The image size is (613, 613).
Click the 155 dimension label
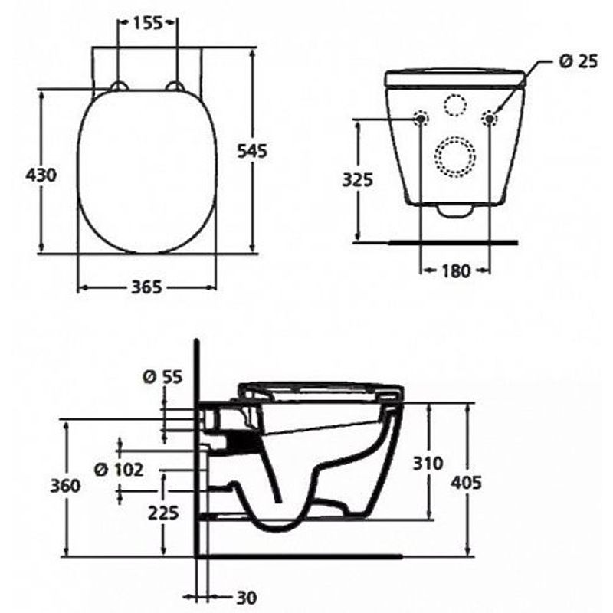pyautogui.click(x=147, y=23)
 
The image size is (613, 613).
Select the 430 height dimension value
pyautogui.click(x=41, y=175)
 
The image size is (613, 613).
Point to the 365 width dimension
pyautogui.click(x=146, y=287)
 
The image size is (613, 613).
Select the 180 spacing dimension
pyautogui.click(x=455, y=270)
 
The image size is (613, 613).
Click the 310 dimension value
pyautogui.click(x=428, y=463)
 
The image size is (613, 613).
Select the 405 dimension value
pyautogui.click(x=467, y=482)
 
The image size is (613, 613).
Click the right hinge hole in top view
pyautogui.click(x=175, y=87)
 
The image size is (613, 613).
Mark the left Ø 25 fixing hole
pyautogui.click(x=421, y=118)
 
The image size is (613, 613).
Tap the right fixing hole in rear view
pyautogui.click(x=490, y=118)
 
